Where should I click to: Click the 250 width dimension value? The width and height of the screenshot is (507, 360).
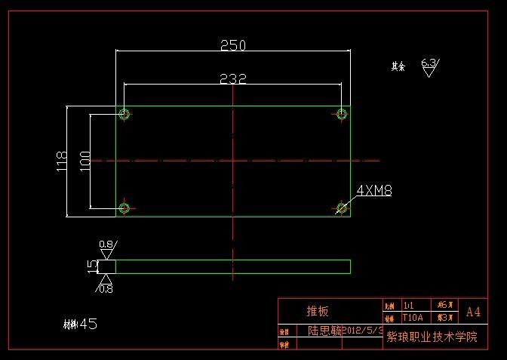233,45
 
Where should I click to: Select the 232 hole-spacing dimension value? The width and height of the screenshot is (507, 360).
233,78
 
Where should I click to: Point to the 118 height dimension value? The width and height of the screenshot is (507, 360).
62,160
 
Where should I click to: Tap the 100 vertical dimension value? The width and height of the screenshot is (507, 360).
84,160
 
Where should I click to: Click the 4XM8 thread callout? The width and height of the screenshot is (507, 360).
373,190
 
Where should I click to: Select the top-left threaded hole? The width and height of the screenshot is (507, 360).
124,114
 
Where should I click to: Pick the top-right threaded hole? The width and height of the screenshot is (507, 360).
342,114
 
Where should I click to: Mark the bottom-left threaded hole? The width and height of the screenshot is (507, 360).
124,208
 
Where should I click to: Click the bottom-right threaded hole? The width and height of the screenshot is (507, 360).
342,208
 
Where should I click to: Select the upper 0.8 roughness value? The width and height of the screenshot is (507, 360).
106,245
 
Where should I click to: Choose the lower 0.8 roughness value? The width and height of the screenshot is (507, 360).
106,288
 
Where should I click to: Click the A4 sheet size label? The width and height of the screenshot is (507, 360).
473,312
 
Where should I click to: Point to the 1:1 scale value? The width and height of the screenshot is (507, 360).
409,306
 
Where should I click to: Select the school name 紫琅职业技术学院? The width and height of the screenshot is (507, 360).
432,337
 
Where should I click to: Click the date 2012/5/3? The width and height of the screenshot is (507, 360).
365,331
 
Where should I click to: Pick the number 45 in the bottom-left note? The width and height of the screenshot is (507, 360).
88,324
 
